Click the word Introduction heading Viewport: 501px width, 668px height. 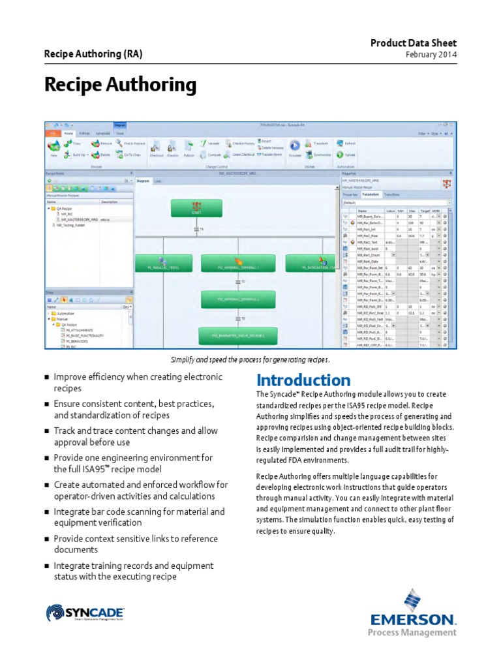[x=303, y=380]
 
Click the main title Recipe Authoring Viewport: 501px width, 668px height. [x=120, y=85]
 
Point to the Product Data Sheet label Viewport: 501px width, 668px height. [x=414, y=43]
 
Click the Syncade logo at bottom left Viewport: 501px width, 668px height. [x=85, y=613]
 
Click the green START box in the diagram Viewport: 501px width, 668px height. [x=196, y=207]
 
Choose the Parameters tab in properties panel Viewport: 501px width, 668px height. [x=371, y=194]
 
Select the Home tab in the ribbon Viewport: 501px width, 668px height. [x=68, y=133]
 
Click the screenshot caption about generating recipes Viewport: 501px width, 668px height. [x=250, y=359]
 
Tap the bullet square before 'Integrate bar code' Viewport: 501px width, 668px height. [x=46, y=513]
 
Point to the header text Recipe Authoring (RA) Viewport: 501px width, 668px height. [x=93, y=54]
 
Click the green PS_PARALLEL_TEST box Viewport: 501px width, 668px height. [x=159, y=264]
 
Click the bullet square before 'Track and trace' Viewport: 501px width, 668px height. [x=46, y=432]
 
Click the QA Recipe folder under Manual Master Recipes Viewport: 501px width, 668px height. [x=63, y=208]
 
